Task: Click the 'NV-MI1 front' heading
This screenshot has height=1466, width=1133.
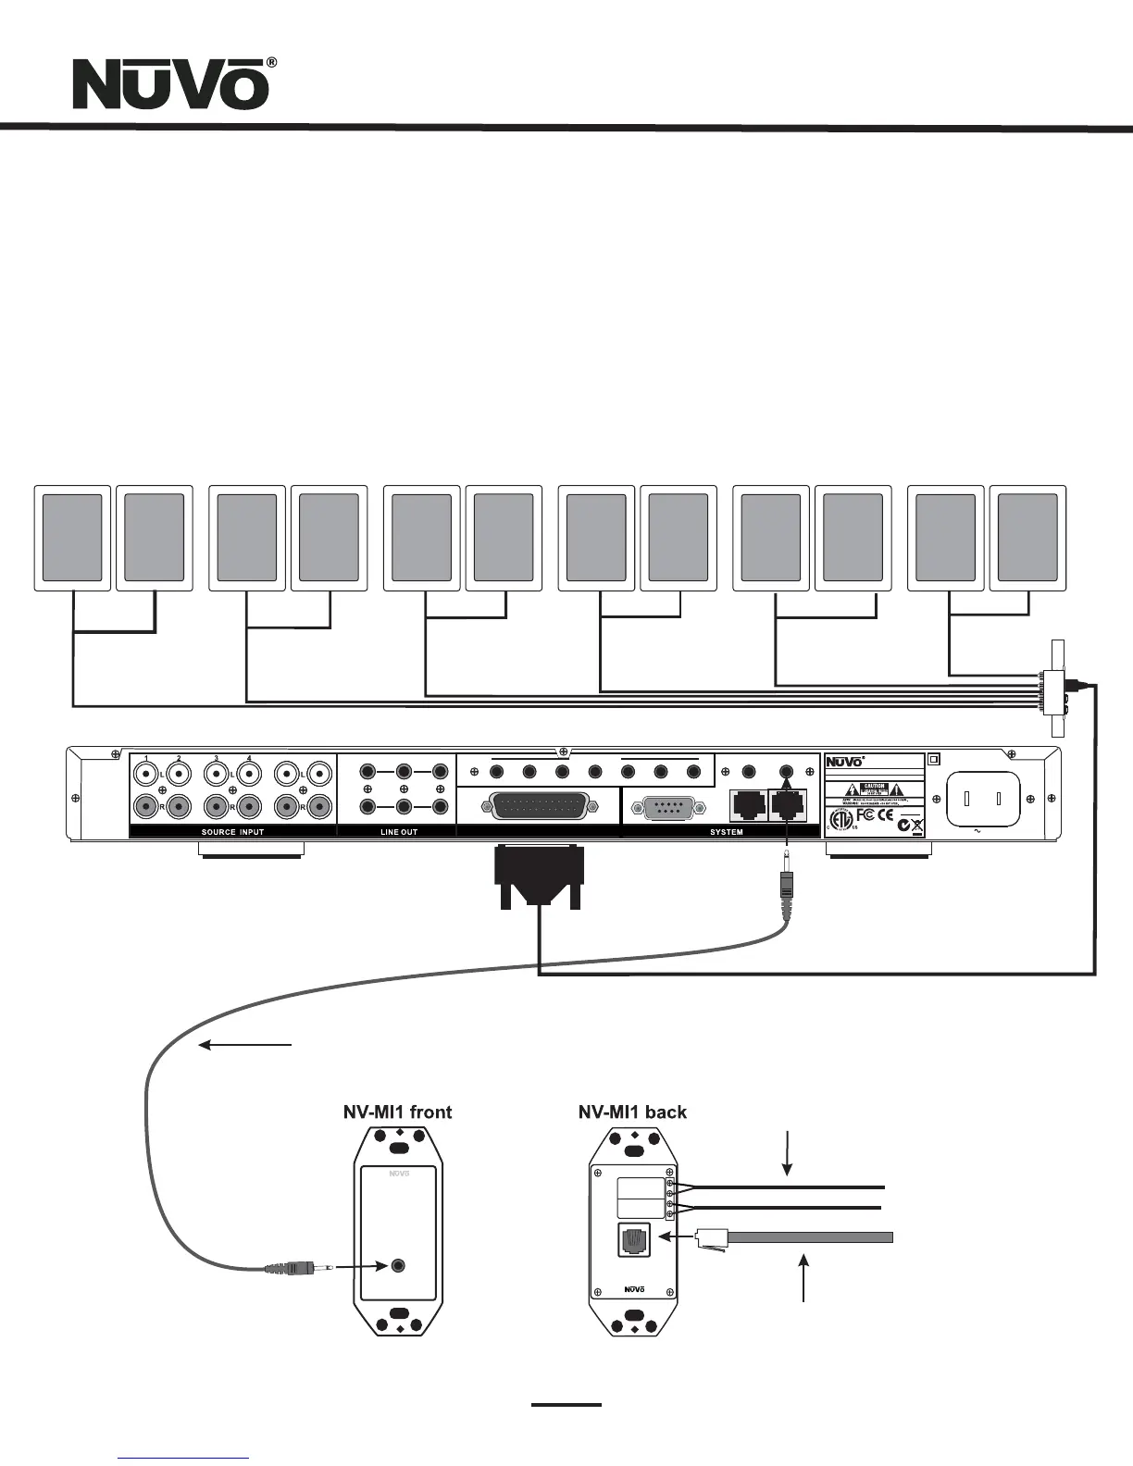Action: (x=398, y=1112)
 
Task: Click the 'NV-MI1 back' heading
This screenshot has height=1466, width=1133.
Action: (x=632, y=1112)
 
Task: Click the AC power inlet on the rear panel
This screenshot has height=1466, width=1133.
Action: (x=981, y=799)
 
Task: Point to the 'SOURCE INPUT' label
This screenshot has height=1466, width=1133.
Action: (x=232, y=832)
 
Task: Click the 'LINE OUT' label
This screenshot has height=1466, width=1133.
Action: (x=399, y=832)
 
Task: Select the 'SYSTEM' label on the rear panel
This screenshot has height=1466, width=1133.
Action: (x=727, y=832)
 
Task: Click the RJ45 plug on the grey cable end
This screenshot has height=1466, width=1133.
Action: (x=713, y=1237)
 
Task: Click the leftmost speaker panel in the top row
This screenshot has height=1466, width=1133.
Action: (x=72, y=538)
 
